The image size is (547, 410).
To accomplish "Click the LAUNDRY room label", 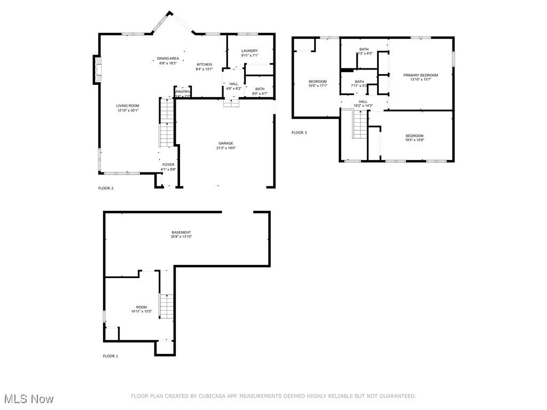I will (x=249, y=51).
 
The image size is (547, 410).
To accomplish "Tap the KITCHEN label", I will (x=204, y=65).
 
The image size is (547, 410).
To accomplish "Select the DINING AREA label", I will (x=168, y=59).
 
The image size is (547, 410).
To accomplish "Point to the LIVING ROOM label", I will (x=128, y=106).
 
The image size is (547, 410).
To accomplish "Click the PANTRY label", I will (x=183, y=91).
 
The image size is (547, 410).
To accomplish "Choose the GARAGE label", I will (x=225, y=143).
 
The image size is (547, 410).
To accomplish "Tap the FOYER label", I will (x=168, y=164).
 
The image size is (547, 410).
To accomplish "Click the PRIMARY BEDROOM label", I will (x=420, y=75).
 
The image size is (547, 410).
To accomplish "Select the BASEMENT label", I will (x=181, y=232).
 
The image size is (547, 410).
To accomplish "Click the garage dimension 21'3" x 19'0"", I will (x=225, y=148).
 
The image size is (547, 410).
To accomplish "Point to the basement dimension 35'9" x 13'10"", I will (x=181, y=236).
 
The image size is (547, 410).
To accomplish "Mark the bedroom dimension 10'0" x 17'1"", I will (x=317, y=85).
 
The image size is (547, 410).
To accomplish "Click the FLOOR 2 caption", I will (x=106, y=188).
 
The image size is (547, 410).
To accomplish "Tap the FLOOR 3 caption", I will (x=299, y=132).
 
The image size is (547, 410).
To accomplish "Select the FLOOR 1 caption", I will (x=111, y=356).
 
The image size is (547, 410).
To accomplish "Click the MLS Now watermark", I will (x=29, y=399).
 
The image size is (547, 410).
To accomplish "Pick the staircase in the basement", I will (x=167, y=306).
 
